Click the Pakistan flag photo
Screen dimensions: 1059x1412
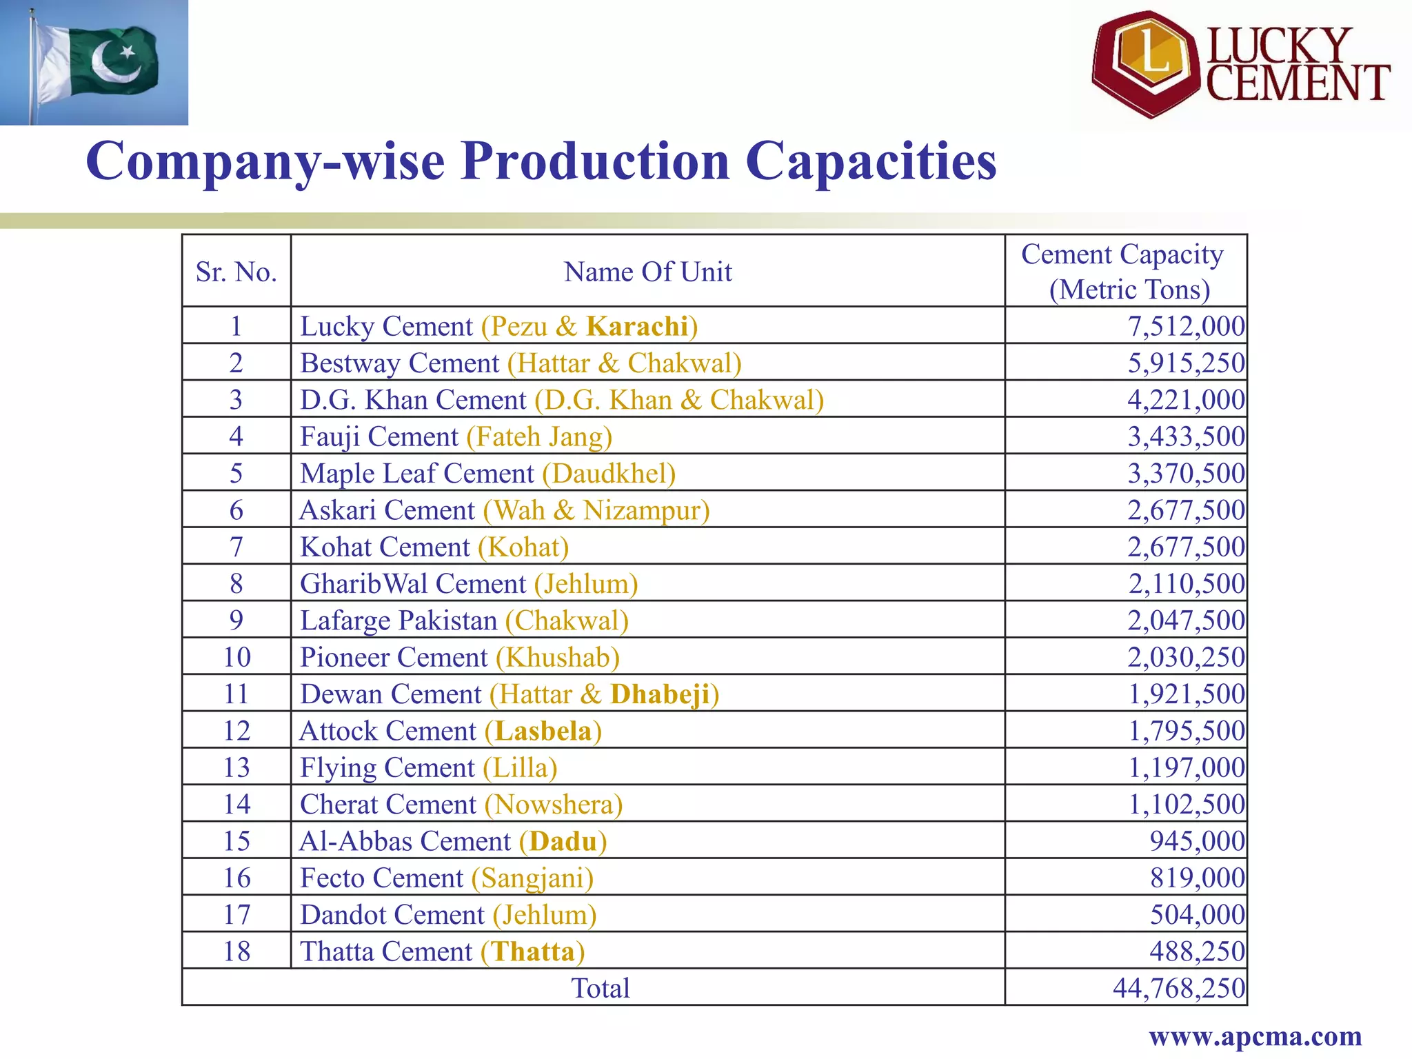[x=94, y=62]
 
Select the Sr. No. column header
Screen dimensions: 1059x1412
[x=236, y=272]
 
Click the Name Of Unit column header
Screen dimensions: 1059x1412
[x=647, y=272]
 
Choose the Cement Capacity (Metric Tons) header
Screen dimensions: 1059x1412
[x=1125, y=272]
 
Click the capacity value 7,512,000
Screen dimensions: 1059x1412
[x=1185, y=326]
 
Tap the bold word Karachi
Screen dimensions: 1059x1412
[x=637, y=326]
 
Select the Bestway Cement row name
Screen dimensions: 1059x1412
[x=521, y=363]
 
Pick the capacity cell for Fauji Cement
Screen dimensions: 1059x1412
[x=1185, y=436]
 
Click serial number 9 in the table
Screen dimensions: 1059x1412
[x=236, y=621]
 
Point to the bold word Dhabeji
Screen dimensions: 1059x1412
[x=660, y=694]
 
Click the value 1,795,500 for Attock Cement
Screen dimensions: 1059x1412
[x=1185, y=731]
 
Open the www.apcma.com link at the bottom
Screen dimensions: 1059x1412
[x=1255, y=1036]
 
